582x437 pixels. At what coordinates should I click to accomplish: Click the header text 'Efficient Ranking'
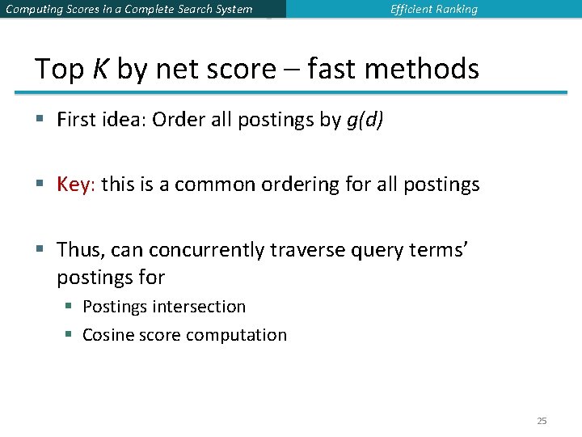click(433, 10)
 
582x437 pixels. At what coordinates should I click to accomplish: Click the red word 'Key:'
click(76, 185)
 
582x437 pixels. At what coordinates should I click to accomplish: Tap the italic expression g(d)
click(365, 121)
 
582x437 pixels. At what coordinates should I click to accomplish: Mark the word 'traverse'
click(305, 250)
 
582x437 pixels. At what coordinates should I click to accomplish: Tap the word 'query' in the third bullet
click(376, 250)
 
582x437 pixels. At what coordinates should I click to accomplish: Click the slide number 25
click(542, 421)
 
